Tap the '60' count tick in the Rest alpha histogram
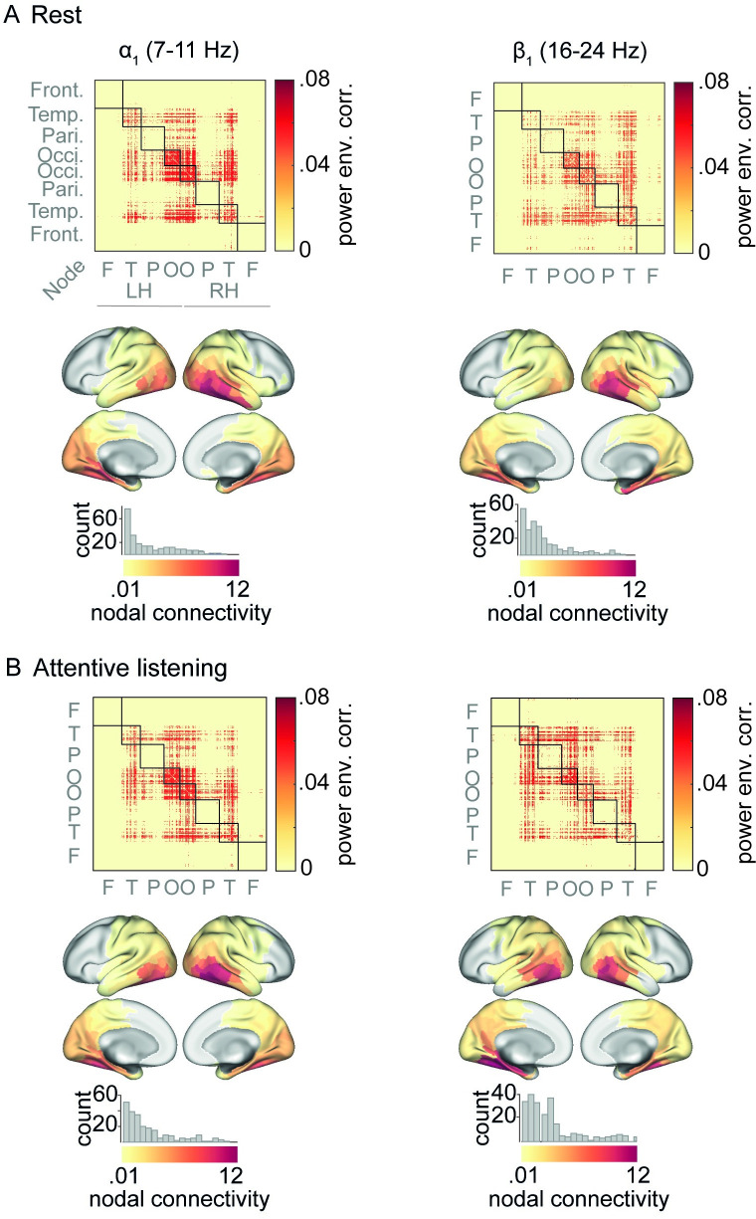(105, 514)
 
